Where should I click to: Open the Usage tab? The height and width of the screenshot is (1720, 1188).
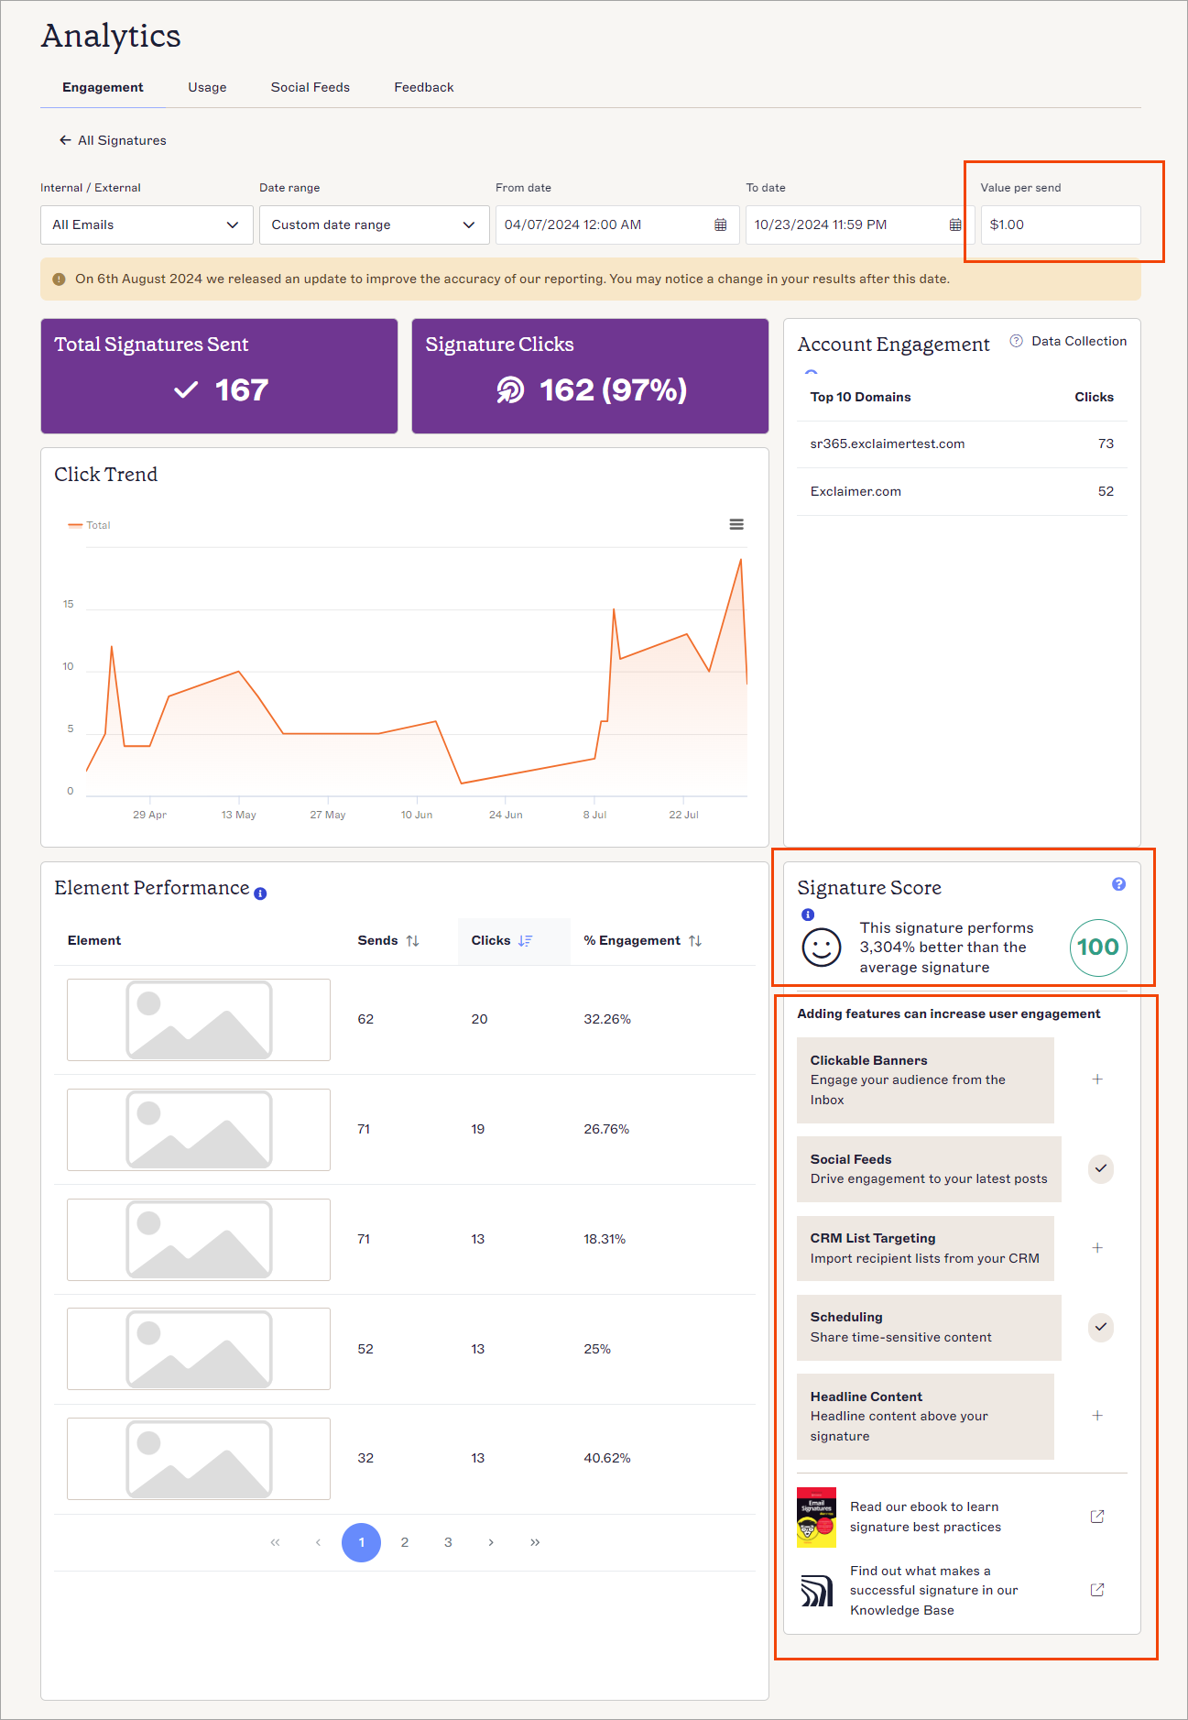[207, 87]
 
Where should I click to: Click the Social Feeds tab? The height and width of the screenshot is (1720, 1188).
[310, 87]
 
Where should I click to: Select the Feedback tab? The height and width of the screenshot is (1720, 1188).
[423, 87]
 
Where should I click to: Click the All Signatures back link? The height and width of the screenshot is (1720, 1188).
[113, 140]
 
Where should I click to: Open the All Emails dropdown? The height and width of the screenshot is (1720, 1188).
[147, 225]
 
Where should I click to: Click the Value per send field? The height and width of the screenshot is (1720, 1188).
[1060, 225]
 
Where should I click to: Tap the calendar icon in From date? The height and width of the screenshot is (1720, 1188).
[721, 225]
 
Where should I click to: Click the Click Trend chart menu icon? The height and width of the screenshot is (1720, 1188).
[736, 524]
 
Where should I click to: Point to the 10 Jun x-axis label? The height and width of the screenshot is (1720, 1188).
[417, 815]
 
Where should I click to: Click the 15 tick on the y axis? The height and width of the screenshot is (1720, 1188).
[69, 604]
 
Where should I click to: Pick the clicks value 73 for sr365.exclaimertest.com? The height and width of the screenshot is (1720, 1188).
[1106, 444]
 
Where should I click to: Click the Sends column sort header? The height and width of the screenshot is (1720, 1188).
[387, 940]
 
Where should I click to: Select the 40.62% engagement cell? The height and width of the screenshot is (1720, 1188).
[607, 1458]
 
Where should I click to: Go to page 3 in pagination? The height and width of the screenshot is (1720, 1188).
[448, 1542]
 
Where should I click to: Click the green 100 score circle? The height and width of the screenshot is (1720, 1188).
[1097, 948]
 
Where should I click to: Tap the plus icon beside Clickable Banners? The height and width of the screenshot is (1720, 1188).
[1097, 1079]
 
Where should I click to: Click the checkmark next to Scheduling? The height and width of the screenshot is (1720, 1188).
[1101, 1327]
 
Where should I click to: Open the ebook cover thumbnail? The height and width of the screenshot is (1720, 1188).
[816, 1517]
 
